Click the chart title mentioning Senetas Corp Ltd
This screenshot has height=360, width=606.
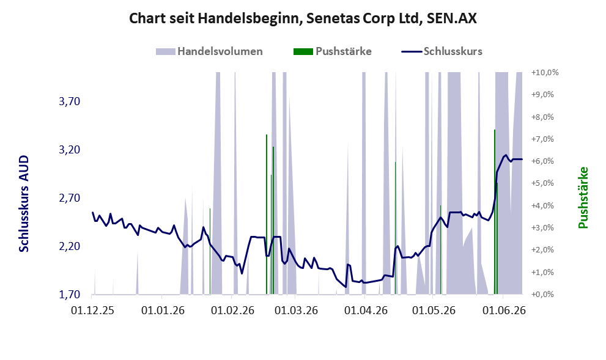(x=303, y=18)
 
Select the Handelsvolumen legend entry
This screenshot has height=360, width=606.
(x=209, y=51)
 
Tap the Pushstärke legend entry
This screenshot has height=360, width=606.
(x=333, y=51)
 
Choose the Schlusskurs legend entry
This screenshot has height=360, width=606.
(x=442, y=51)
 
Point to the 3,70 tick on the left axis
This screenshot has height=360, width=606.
(x=70, y=101)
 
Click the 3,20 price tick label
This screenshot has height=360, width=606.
(x=70, y=150)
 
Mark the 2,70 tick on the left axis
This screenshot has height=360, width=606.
(x=70, y=198)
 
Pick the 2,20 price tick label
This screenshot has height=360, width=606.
(x=70, y=246)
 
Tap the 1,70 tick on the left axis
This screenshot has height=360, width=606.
(x=70, y=295)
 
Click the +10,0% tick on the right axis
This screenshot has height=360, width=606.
(x=545, y=73)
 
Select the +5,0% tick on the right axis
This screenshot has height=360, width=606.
(x=542, y=183)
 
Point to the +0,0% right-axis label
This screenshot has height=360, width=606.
(x=542, y=295)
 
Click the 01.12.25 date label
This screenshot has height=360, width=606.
(x=92, y=310)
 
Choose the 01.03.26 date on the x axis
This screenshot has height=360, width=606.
(x=296, y=310)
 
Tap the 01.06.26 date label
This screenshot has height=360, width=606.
(x=504, y=310)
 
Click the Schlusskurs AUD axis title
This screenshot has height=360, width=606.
(x=24, y=204)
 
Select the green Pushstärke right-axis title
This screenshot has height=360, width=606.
(x=583, y=197)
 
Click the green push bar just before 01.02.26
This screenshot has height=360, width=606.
(x=210, y=251)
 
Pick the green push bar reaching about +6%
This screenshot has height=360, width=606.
(x=395, y=228)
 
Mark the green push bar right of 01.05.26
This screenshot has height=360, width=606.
(x=440, y=250)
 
